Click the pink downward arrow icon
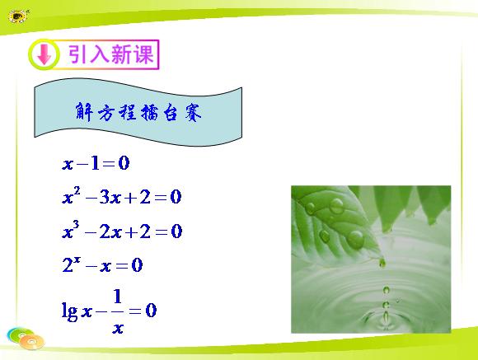pos(45,54)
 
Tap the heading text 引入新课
pos(110,54)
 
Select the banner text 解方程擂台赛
pos(138,112)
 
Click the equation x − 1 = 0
pos(96,163)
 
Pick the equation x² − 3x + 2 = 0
pos(122,196)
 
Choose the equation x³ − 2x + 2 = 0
pos(122,231)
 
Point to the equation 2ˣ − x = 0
pos(102,264)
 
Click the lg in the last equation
pos(69,311)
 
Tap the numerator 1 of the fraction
pos(117,297)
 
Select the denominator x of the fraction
pos(118,328)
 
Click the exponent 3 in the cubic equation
pos(76,225)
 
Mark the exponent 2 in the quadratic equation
pos(77,191)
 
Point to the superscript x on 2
pos(77,259)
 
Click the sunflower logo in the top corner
pos(18,16)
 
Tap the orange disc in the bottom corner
pos(31,341)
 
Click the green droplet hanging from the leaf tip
pos(382,263)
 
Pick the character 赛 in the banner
pos(193,112)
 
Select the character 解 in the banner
pos(84,112)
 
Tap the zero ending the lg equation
pos(151,311)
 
